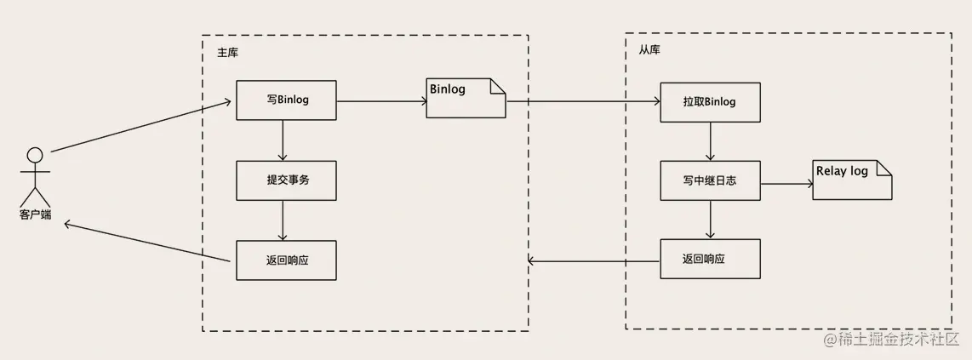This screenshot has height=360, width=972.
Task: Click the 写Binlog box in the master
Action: tap(286, 100)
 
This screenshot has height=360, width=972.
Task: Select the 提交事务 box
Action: tap(286, 180)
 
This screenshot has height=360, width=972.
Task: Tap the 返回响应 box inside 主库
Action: tap(286, 260)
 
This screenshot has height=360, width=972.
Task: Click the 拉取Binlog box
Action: tap(709, 102)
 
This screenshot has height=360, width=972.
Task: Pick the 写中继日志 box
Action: tap(709, 182)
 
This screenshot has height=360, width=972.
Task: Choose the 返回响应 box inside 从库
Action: tap(709, 259)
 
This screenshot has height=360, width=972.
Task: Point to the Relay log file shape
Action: tap(851, 180)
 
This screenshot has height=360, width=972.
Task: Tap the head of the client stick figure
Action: tap(35, 155)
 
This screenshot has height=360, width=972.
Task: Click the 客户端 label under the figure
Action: tap(35, 215)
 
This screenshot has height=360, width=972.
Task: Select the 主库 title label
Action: tap(227, 53)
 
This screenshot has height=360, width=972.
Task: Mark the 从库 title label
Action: tap(649, 50)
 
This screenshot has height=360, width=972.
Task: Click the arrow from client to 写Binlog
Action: tap(140, 127)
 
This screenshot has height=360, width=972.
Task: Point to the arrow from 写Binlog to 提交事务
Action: tap(283, 140)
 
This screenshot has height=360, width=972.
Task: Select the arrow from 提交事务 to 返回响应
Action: tap(283, 220)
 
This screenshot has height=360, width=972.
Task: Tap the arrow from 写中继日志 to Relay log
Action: tap(786, 183)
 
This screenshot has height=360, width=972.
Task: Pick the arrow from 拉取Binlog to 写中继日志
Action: tap(709, 141)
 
